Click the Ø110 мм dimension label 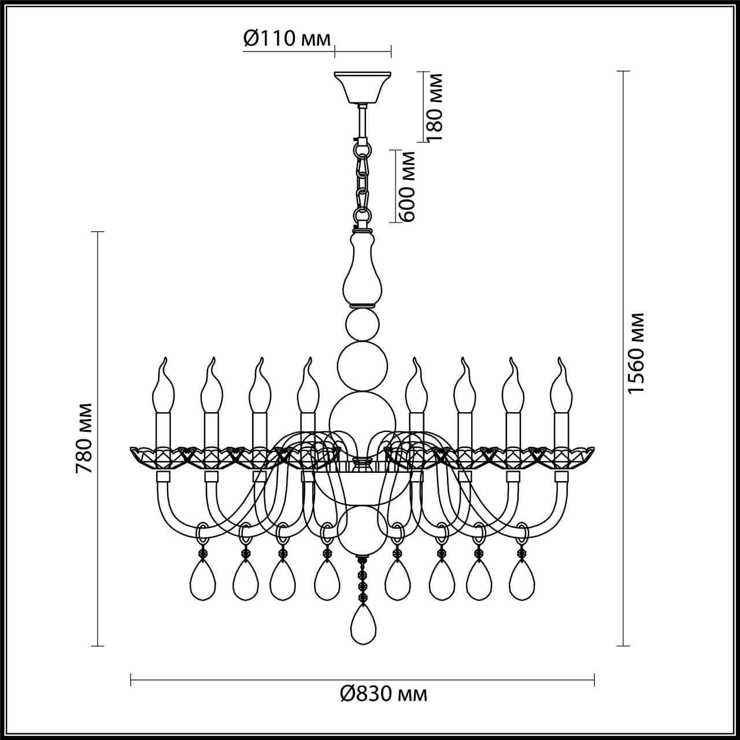click(x=286, y=39)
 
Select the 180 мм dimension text click(x=435, y=108)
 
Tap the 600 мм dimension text click(x=408, y=186)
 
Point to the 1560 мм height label click(x=637, y=353)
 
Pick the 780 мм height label click(x=85, y=437)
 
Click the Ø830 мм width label click(x=383, y=693)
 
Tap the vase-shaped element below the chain click(x=362, y=269)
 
